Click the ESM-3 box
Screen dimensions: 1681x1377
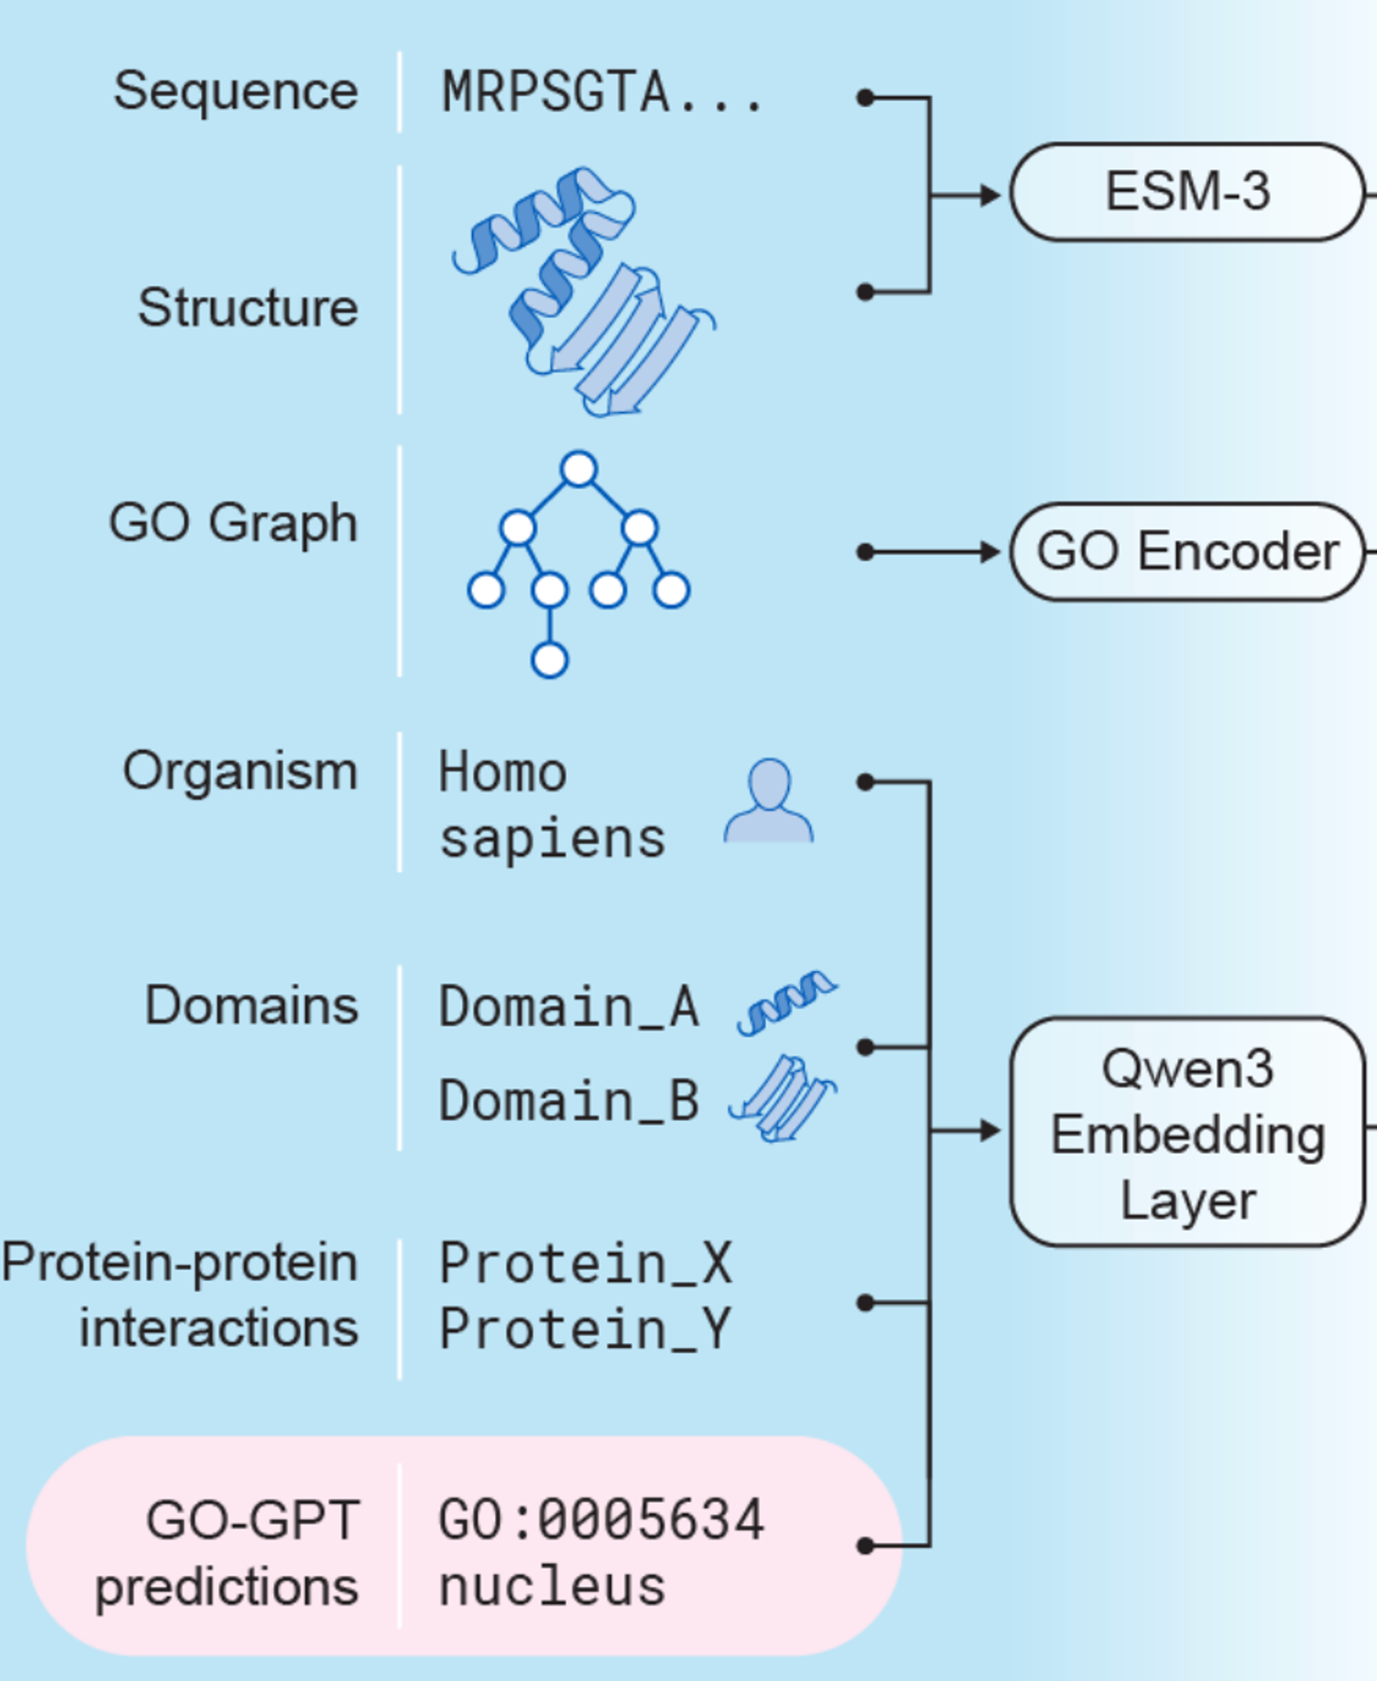click(1187, 192)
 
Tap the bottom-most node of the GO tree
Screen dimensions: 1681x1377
click(549, 660)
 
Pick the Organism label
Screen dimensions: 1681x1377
click(240, 772)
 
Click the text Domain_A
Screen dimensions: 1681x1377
click(569, 1007)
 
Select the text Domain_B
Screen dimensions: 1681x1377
click(569, 1101)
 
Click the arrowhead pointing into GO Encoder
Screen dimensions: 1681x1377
click(991, 552)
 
